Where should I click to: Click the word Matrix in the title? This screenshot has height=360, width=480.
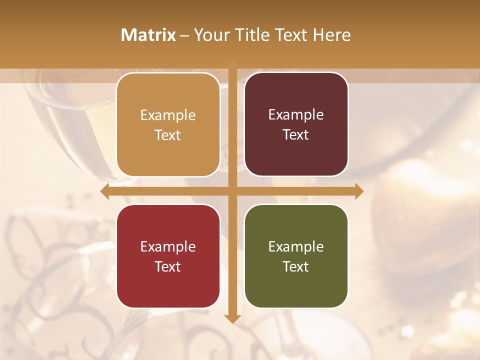coord(148,35)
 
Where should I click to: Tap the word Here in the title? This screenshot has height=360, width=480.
coord(331,35)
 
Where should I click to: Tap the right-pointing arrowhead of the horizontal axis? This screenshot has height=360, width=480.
coord(359,191)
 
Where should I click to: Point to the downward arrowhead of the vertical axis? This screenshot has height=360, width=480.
coord(232,318)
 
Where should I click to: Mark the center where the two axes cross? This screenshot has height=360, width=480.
coord(232,191)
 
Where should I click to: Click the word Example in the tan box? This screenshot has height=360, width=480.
coord(168,115)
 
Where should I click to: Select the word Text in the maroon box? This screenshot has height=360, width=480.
coord(296,135)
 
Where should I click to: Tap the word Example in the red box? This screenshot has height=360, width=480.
coord(168,247)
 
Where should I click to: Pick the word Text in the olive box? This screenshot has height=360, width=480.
coord(296,267)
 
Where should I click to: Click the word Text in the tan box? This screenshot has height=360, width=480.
coord(168,135)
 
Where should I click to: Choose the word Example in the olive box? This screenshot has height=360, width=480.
coord(296,247)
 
